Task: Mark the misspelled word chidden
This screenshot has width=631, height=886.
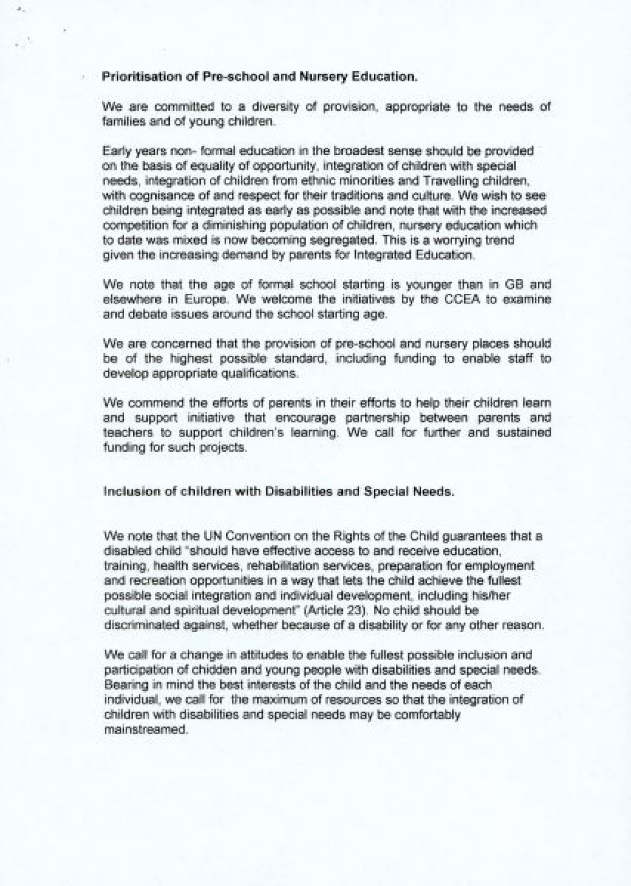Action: click(x=200, y=671)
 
